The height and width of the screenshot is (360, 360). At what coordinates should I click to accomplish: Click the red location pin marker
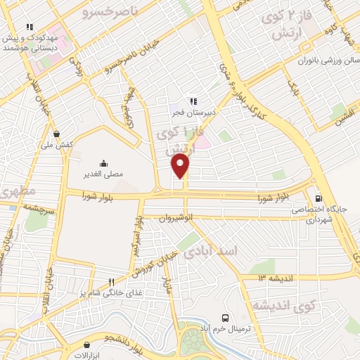click(x=180, y=166)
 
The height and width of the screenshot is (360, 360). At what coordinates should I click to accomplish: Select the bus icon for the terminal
click(x=225, y=318)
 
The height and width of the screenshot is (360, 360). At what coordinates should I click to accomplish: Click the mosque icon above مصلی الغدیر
click(x=103, y=161)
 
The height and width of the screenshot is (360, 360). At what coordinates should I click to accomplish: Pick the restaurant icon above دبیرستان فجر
click(x=193, y=101)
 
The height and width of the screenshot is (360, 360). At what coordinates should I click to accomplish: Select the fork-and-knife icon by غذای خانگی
click(x=111, y=282)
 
